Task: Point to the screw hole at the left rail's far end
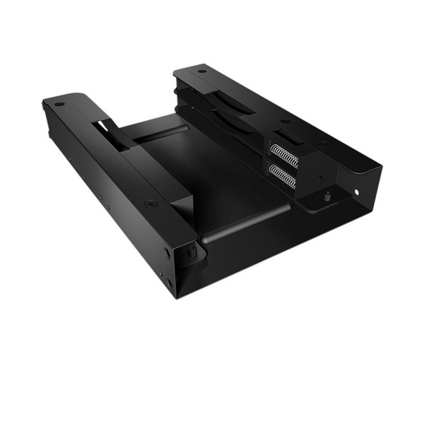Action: pos(59,104)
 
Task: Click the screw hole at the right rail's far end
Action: pos(202,71)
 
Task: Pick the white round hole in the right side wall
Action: pos(356,191)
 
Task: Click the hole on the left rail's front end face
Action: pos(167,252)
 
